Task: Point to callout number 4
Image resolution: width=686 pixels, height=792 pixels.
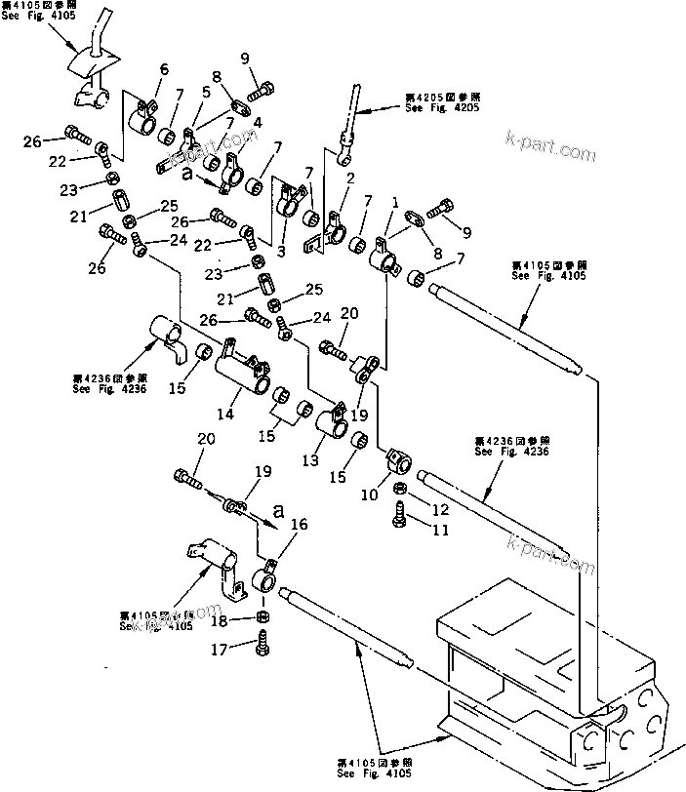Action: click(257, 123)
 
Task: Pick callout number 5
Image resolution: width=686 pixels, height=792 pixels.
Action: click(206, 93)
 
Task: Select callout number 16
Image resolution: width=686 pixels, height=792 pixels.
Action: click(299, 525)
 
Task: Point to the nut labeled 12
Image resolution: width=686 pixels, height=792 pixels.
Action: click(400, 490)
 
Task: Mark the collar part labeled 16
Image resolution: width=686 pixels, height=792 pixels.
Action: click(266, 581)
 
